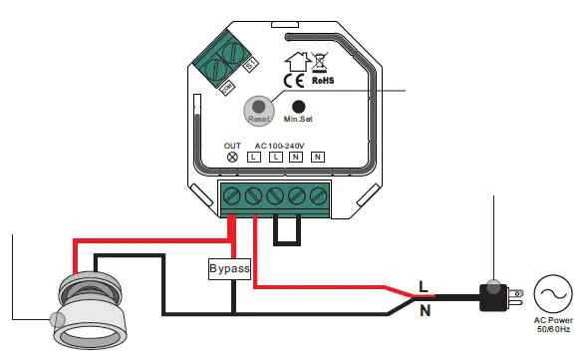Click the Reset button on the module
point(259,107)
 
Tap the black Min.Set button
point(297,105)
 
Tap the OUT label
point(232,146)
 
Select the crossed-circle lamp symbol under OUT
point(232,158)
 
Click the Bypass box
point(229,269)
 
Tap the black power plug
point(494,294)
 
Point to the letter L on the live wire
point(423,286)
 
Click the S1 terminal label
point(250,65)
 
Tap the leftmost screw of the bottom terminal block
point(232,194)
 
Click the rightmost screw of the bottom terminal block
point(319,194)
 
